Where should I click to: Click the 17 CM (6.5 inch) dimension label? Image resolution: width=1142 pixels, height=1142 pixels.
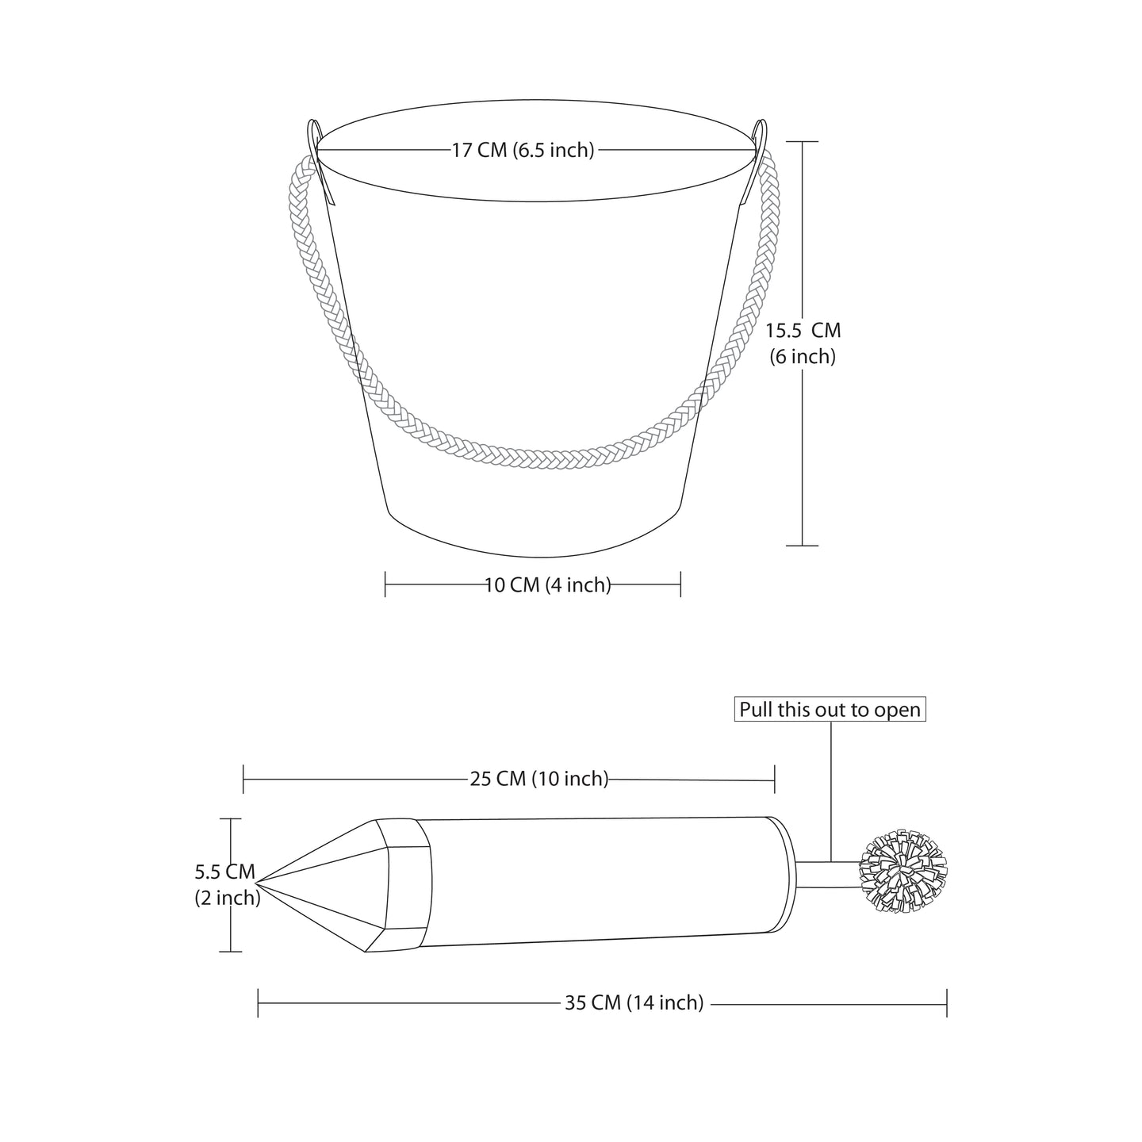pyautogui.click(x=523, y=150)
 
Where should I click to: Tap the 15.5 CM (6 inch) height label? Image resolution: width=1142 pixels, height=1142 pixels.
pyautogui.click(x=803, y=343)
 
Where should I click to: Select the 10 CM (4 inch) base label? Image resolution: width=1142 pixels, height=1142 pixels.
pyautogui.click(x=547, y=585)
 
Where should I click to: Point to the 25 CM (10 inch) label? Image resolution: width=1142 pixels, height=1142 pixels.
pyautogui.click(x=539, y=778)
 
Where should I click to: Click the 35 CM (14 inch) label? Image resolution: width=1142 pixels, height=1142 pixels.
pyautogui.click(x=634, y=1002)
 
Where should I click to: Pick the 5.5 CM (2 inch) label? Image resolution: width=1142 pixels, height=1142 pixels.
pyautogui.click(x=228, y=885)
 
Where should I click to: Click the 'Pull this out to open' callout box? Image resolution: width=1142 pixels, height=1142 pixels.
pyautogui.click(x=830, y=709)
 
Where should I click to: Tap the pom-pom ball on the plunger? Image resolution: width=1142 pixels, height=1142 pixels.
pyautogui.click(x=903, y=871)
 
